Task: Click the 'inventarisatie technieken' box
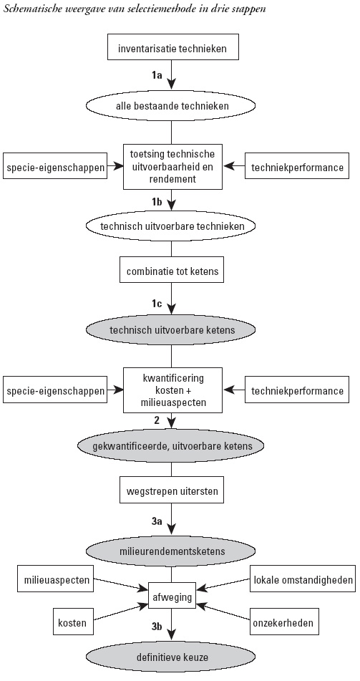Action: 172,47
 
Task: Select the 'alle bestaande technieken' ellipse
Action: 172,105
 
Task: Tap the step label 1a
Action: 157,75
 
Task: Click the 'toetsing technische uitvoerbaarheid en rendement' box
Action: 172,167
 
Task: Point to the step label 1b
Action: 157,201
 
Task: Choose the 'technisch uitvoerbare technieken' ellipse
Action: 172,226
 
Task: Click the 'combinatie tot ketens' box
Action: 172,272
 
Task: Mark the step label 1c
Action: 157,304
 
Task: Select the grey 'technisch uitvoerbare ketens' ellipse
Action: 172,330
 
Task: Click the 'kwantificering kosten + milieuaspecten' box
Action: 172,390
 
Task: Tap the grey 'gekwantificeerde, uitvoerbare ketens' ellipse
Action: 172,446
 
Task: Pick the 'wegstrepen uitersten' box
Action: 172,492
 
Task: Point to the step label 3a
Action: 157,521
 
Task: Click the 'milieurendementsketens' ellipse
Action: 172,551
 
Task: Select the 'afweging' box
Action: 172,597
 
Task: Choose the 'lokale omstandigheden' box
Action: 302,579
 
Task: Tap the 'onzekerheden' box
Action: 283,623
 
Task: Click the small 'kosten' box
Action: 72,623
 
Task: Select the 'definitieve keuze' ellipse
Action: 172,657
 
